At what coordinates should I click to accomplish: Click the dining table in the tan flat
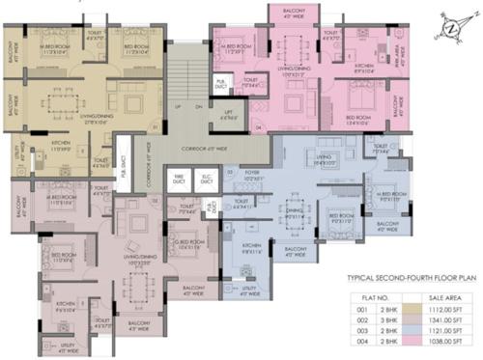(69, 98)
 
